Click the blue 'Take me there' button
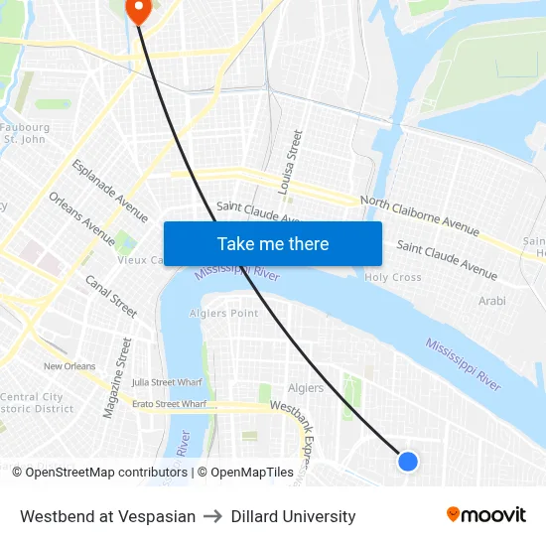point(273,243)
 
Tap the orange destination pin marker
point(136,9)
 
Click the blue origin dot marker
point(407,461)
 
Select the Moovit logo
point(485,515)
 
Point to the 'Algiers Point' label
point(223,314)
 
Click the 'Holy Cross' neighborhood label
point(393,278)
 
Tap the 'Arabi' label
point(492,301)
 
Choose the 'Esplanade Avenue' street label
point(109,190)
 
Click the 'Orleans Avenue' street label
point(81,217)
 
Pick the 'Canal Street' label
point(110,297)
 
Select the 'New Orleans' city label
point(68,366)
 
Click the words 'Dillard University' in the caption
point(293,516)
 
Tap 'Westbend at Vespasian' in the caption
point(107,516)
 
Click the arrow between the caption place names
point(212,516)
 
